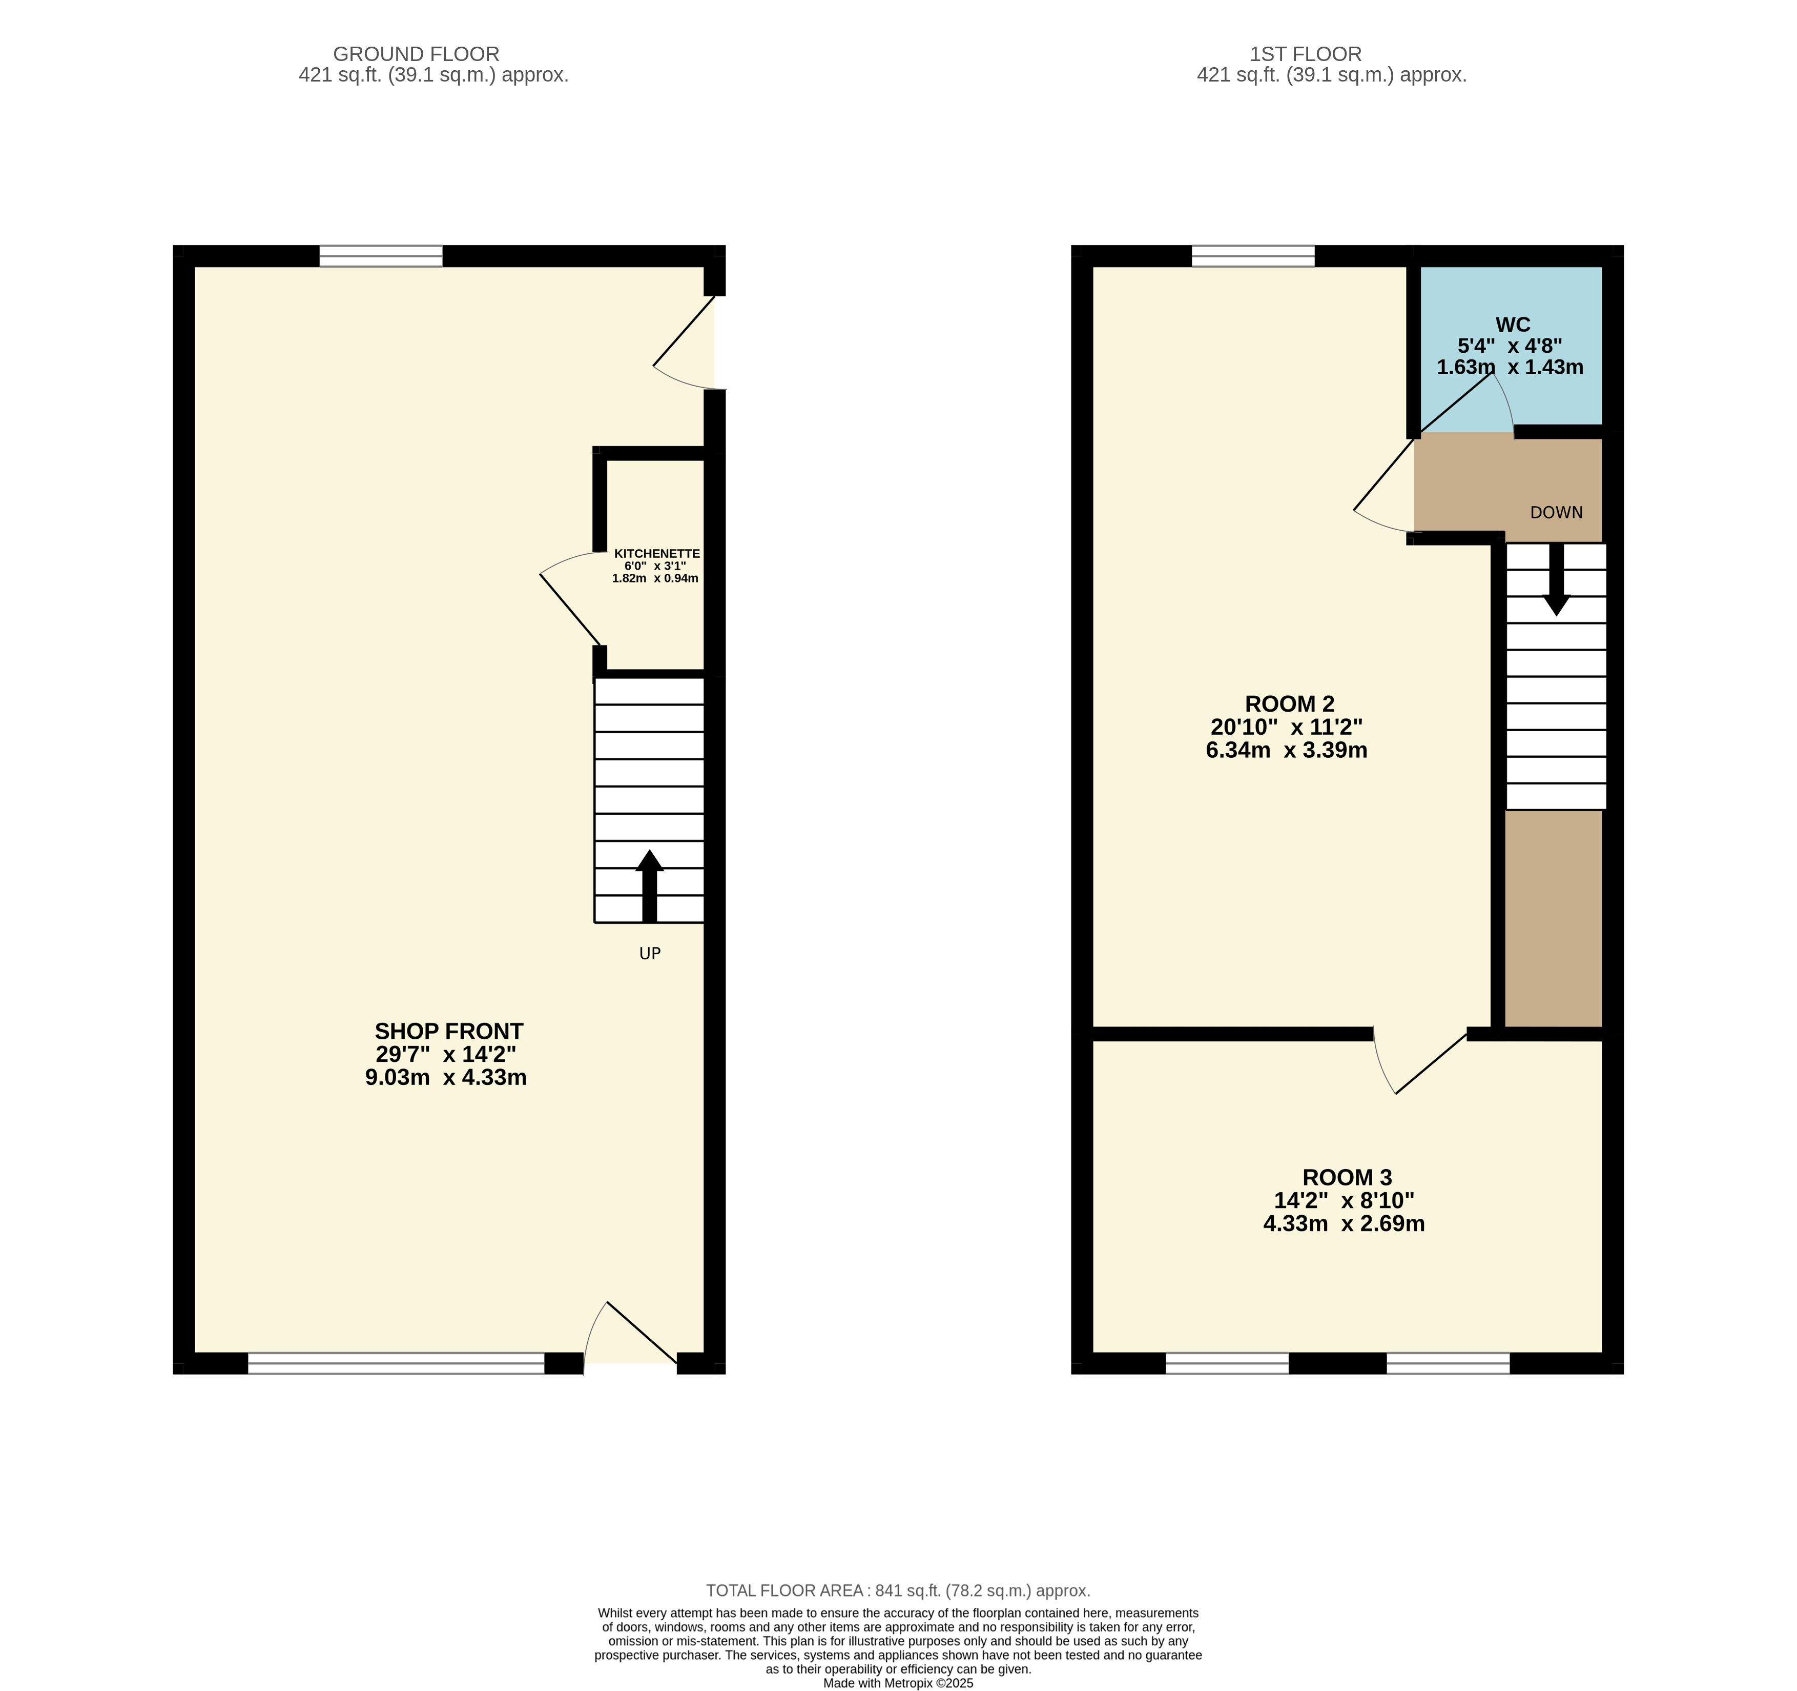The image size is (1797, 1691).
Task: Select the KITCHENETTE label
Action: (657, 553)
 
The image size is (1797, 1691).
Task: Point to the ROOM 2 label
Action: (1289, 703)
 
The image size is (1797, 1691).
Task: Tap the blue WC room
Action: (1512, 346)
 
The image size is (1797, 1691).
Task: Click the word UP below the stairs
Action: (650, 953)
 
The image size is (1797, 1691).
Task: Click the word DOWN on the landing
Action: (1557, 513)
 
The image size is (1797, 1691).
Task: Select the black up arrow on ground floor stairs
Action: (649, 886)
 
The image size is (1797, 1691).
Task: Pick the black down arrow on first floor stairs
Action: (1557, 579)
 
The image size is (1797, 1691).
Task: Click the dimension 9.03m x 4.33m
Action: (446, 1077)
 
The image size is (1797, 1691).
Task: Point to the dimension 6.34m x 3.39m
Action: (1286, 750)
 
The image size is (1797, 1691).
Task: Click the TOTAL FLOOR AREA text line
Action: (899, 1591)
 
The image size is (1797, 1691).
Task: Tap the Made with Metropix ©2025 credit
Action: (899, 1683)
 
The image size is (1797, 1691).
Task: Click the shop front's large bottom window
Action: (396, 1364)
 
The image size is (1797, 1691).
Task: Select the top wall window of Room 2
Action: (1253, 256)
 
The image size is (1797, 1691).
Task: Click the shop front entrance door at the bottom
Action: (631, 1334)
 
